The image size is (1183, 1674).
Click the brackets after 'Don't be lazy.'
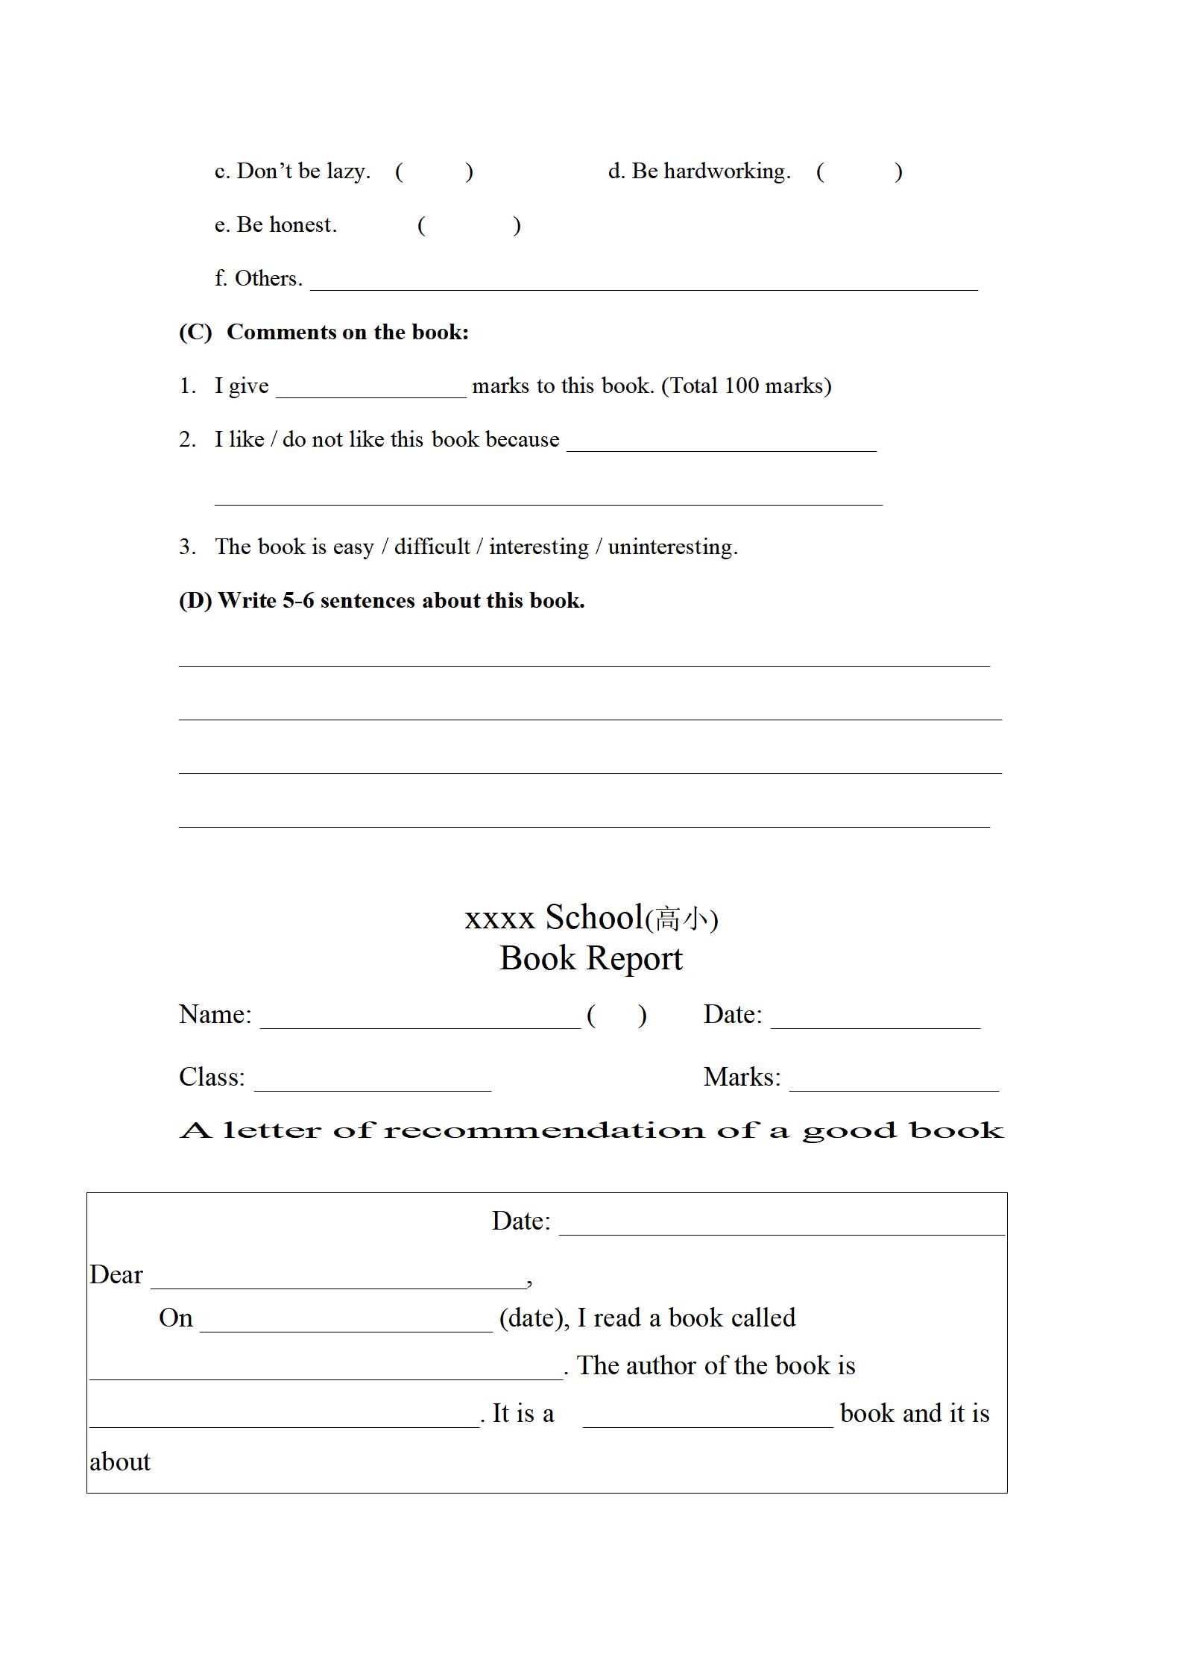(434, 172)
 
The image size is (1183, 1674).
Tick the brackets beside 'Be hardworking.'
(859, 172)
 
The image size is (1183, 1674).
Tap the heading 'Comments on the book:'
(347, 333)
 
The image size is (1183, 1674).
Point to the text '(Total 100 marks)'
(746, 386)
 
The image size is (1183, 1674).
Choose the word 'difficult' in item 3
(432, 547)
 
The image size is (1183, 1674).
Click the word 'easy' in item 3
(353, 548)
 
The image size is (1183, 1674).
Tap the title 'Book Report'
(590, 959)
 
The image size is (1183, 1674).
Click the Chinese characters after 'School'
(681, 919)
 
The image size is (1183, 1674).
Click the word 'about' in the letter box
(120, 1462)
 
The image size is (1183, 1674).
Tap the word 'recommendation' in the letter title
(544, 1131)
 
